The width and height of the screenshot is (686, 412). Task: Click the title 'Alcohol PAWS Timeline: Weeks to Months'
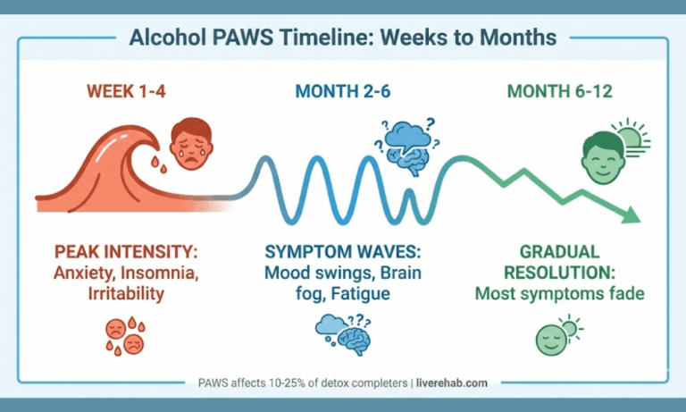point(343,38)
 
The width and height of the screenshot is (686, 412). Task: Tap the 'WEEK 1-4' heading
point(125,91)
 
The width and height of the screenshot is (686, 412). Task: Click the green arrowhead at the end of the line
point(631,214)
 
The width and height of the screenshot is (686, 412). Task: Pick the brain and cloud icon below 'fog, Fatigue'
point(342,335)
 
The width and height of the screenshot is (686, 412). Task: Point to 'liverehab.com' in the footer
point(452,383)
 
